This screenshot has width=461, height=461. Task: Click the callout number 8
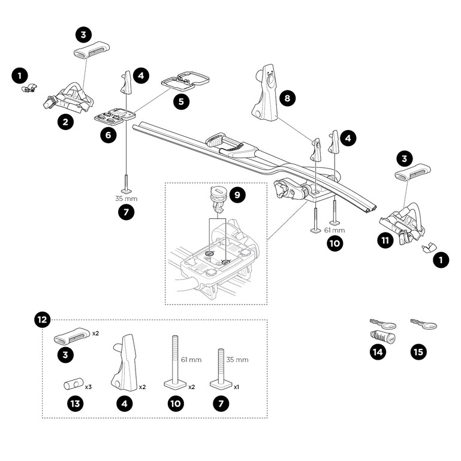point(287,98)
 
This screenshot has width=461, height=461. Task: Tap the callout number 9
point(237,195)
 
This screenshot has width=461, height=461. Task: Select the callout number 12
point(43,320)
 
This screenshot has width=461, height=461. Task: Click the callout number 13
point(76,403)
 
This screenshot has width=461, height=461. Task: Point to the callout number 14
point(378,352)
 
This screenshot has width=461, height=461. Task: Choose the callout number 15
point(418,352)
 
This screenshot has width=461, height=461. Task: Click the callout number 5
point(181,101)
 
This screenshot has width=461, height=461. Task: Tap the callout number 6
point(108,135)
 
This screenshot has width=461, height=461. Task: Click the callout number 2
point(65,122)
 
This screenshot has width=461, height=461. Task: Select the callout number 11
point(385,240)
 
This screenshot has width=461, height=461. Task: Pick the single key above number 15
point(424,324)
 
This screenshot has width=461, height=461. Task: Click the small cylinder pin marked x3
point(74,384)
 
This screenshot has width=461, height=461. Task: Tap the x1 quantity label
point(236,387)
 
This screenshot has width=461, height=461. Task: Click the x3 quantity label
point(88,387)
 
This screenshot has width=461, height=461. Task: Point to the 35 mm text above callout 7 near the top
point(126,199)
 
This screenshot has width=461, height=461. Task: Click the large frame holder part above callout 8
point(265,93)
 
